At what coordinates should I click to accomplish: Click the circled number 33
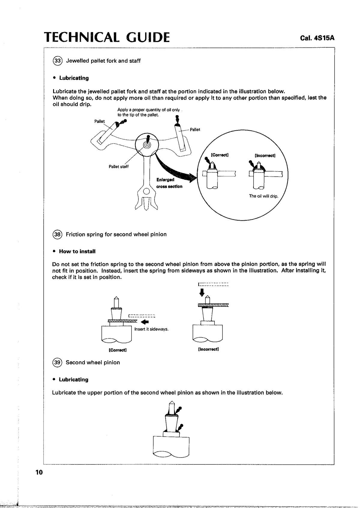coord(57,61)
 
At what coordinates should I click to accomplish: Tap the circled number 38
coord(57,234)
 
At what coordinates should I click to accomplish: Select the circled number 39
coord(57,362)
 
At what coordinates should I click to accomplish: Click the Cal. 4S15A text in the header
coord(317,38)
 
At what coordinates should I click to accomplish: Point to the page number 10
coord(39,472)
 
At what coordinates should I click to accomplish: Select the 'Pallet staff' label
coord(118,167)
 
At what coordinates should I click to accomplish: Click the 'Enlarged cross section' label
coord(169,183)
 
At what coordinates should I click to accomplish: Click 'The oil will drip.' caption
coord(264,196)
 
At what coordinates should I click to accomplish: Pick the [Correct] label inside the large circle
coord(220,155)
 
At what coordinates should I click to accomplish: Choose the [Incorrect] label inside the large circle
coord(265,156)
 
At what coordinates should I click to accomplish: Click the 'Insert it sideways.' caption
coord(151,329)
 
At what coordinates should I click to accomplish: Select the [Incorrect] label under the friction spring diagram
coord(208,349)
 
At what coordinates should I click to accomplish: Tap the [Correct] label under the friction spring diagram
coord(117,350)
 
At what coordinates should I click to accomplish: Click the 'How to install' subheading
coord(77,251)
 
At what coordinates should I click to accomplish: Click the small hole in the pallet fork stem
coord(146,191)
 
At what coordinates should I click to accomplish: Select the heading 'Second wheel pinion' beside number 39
coord(93,362)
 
